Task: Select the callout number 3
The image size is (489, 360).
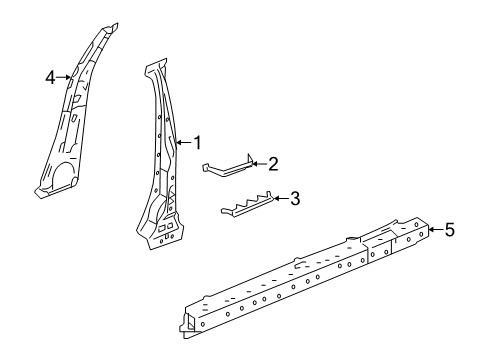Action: click(295, 199)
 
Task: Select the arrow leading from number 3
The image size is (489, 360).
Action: click(279, 199)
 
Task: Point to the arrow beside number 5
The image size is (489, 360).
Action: click(433, 230)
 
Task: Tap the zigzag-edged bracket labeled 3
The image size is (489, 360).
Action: click(245, 206)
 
